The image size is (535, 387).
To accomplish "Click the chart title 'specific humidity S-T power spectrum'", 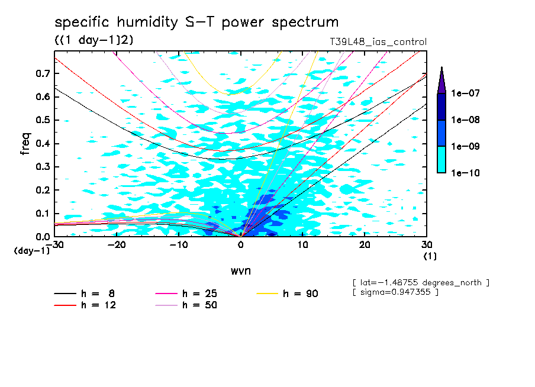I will (196, 22).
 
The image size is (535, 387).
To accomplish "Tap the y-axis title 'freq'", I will (25, 143).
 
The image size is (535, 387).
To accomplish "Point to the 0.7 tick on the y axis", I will (43, 73).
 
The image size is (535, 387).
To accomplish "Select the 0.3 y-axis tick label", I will (43, 167).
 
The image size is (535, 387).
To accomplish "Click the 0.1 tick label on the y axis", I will (43, 214).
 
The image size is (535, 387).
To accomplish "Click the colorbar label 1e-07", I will (465, 93).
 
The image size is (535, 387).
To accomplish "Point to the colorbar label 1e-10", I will (465, 173).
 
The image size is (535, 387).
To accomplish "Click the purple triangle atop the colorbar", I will (441, 80).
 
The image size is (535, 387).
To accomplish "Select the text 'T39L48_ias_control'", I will (378, 42).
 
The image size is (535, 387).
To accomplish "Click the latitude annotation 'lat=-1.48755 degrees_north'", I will (421, 282).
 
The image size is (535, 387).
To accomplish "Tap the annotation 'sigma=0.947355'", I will (395, 292).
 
